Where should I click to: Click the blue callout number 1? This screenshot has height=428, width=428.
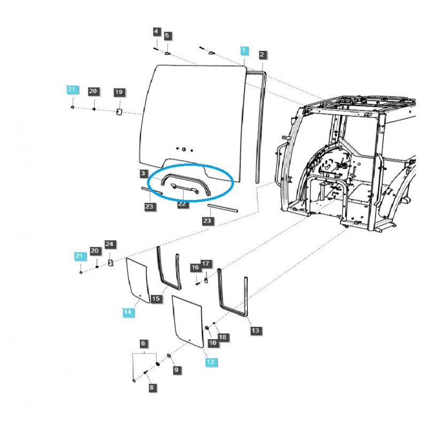244,51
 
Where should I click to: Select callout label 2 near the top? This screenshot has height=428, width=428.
262,55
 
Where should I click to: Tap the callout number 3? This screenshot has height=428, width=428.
143,173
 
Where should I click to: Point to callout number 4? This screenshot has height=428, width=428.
156,32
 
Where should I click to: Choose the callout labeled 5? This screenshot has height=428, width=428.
167,36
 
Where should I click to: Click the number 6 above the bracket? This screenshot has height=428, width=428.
143,343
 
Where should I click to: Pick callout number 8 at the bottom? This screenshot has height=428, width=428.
151,387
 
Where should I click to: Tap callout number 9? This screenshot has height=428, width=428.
177,370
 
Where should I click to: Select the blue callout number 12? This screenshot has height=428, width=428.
210,362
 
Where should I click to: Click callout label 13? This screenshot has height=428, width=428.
255,331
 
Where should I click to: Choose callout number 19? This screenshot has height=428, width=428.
119,93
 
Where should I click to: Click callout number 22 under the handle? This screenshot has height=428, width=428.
183,204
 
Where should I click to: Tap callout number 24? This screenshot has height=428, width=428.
110,244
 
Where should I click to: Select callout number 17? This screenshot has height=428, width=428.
206,264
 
